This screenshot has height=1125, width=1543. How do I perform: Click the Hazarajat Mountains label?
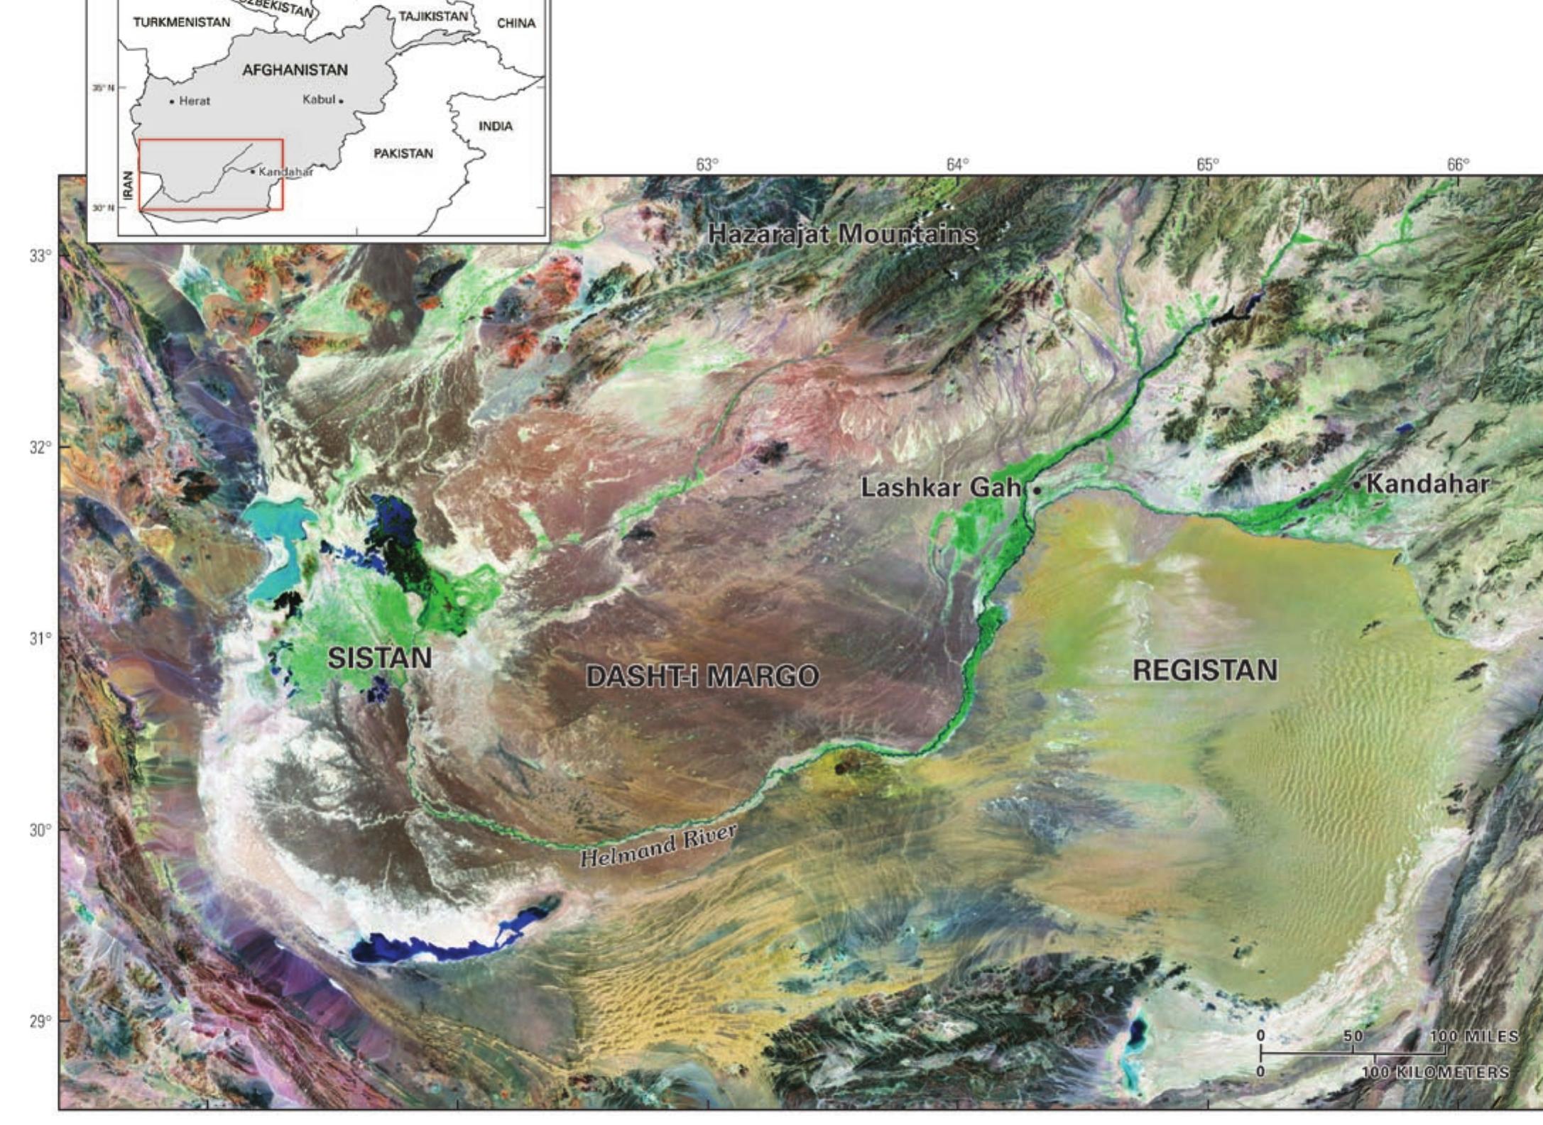(x=842, y=234)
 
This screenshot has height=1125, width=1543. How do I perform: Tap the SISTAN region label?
(x=379, y=658)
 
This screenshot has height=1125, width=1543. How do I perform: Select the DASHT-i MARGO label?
(x=702, y=676)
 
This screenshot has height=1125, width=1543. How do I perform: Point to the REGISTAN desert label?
(x=1205, y=670)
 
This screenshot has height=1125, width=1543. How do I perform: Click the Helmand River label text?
(x=658, y=845)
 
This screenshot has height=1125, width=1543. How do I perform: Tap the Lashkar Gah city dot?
(x=1037, y=490)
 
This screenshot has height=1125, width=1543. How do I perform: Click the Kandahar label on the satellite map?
(x=1427, y=484)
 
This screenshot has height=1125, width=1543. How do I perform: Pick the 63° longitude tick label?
(x=707, y=165)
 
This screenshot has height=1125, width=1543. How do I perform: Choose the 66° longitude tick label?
(x=1458, y=165)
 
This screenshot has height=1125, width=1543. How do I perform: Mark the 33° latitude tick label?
(x=40, y=256)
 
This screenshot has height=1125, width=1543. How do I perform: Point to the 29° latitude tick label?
(x=40, y=1021)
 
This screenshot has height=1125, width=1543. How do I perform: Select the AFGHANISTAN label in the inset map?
(x=295, y=70)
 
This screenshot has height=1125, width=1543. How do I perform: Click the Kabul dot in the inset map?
(x=341, y=101)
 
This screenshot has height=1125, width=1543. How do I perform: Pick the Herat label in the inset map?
(x=194, y=101)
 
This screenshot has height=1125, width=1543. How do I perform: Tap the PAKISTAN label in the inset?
(x=403, y=153)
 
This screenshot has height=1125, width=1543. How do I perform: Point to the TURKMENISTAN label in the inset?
(x=182, y=22)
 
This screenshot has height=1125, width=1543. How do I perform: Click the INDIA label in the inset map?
(x=496, y=126)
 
